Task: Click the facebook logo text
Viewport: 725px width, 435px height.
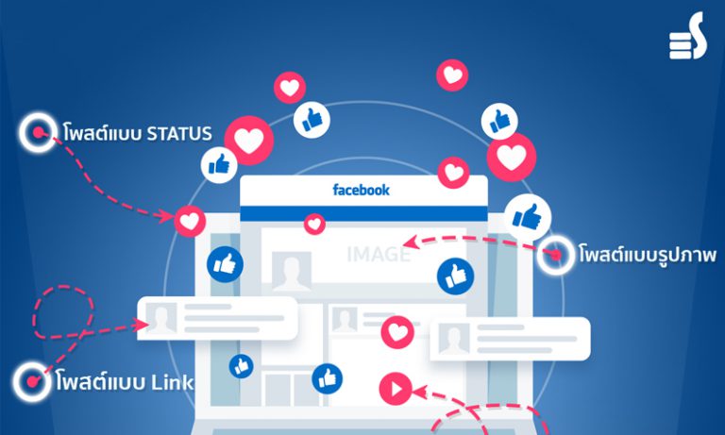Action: (x=362, y=190)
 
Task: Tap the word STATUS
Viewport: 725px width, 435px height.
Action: (x=179, y=134)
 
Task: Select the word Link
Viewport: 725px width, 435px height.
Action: (x=173, y=382)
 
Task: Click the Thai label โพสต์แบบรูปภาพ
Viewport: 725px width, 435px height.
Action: (x=648, y=254)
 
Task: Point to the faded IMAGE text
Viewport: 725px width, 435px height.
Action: (x=379, y=254)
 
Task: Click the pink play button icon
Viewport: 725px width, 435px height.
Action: (x=396, y=389)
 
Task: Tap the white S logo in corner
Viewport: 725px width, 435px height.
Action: (x=688, y=36)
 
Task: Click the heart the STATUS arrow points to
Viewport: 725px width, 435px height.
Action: (x=190, y=222)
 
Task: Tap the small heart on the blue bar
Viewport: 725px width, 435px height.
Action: (x=314, y=225)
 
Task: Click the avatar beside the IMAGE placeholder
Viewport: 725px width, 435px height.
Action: (x=292, y=272)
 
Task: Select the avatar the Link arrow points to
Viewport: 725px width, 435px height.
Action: (x=160, y=318)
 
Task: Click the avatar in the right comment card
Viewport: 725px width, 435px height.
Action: (x=454, y=340)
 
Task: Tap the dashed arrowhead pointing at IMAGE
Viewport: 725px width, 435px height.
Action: (x=411, y=242)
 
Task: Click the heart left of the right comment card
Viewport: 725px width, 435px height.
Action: (x=397, y=332)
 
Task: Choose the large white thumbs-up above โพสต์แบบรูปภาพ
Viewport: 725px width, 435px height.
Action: (x=527, y=217)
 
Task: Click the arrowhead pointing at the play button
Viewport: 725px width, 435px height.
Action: (x=418, y=393)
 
